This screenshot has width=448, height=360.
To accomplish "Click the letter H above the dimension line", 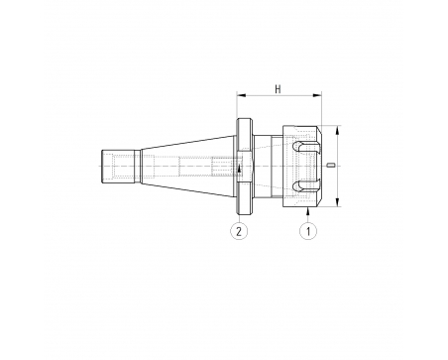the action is [x=278, y=89].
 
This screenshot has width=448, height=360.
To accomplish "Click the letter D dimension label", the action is [x=331, y=165].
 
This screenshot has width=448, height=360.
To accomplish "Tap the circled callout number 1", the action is [x=308, y=231].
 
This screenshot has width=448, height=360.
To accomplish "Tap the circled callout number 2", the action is [x=239, y=231].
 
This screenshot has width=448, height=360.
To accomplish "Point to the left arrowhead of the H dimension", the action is [x=241, y=95].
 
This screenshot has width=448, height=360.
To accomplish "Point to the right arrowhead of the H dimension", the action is [x=317, y=95].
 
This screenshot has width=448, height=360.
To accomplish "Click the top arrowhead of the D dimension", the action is [x=337, y=130].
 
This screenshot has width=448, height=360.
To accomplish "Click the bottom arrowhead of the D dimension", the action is [x=337, y=202].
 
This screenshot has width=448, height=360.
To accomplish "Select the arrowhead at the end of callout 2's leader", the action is [x=239, y=169].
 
